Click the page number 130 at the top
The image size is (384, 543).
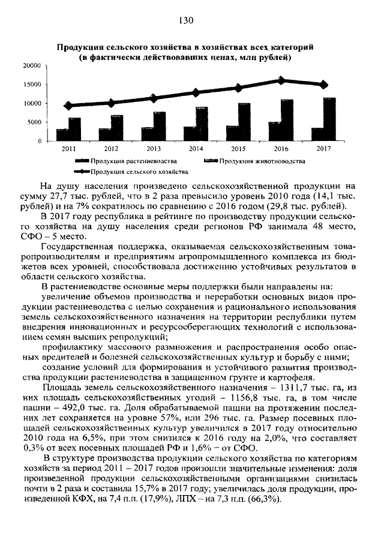pos(185,20)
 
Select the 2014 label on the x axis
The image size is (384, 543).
pos(196,148)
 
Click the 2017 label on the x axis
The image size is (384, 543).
pos(323,148)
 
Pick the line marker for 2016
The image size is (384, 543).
pos(281,80)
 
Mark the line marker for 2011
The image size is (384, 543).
pos(68,106)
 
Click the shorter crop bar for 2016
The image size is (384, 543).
pos(274,131)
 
